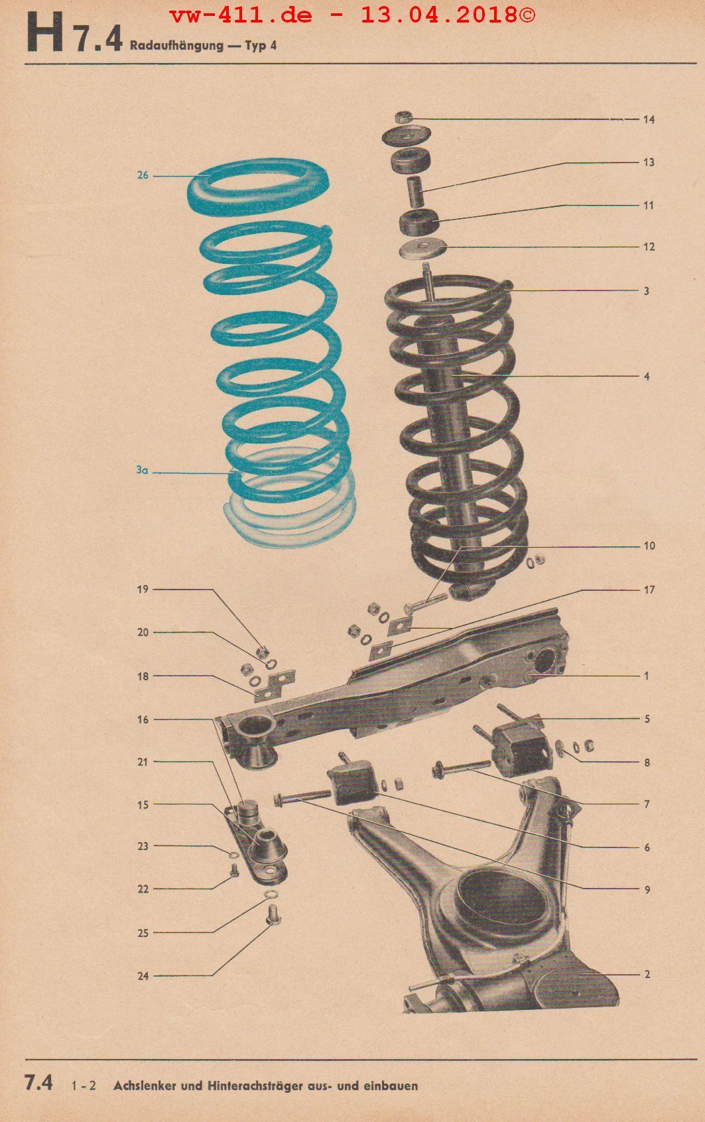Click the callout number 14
click(649, 120)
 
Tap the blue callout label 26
click(143, 176)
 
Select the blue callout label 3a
click(143, 471)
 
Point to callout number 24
click(143, 975)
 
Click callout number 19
click(143, 590)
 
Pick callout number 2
click(647, 974)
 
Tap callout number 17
click(649, 590)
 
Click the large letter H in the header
click(44, 34)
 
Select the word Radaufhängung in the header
click(176, 46)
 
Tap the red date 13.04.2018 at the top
click(440, 15)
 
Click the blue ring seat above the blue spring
click(258, 187)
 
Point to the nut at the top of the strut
click(403, 118)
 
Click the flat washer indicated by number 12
click(423, 249)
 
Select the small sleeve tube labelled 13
click(415, 191)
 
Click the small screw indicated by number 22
click(233, 871)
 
